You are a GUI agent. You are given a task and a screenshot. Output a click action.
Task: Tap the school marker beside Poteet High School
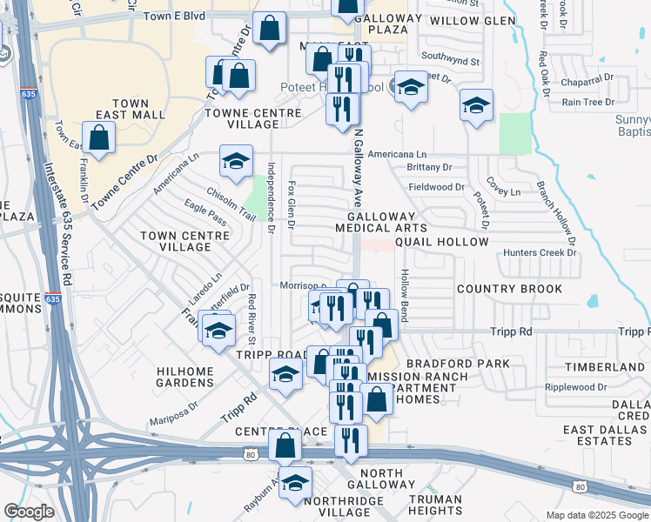[411, 87]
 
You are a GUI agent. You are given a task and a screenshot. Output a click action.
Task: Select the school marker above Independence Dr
[235, 160]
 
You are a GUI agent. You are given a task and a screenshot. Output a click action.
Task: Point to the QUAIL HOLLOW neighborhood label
[441, 241]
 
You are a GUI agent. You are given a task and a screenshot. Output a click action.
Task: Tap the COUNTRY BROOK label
[504, 289]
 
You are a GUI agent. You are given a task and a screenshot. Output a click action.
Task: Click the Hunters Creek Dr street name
[540, 252]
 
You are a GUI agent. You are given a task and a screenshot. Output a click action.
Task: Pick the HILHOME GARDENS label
[185, 377]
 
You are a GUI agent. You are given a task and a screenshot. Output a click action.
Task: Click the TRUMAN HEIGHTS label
[440, 505]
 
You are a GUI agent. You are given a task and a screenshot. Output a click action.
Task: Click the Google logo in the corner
[29, 512]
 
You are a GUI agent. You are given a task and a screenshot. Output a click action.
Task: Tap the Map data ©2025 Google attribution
[597, 515]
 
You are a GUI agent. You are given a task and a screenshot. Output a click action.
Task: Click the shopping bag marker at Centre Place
[285, 445]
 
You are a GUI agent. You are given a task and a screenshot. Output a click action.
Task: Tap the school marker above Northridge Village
[295, 482]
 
